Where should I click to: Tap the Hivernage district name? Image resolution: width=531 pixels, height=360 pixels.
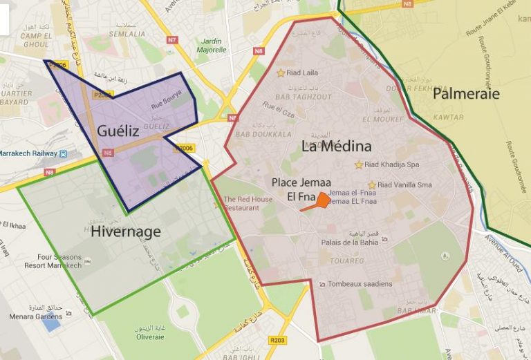125,231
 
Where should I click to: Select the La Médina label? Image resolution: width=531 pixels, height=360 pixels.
336,146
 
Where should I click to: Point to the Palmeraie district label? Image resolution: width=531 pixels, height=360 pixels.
466,93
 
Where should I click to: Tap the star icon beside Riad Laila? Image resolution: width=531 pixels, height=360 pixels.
281,73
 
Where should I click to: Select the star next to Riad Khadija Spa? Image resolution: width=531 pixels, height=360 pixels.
358,164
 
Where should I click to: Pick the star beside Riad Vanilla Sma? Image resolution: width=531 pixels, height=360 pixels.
372,184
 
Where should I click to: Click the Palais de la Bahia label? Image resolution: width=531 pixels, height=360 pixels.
349,242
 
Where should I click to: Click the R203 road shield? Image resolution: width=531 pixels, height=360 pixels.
278,340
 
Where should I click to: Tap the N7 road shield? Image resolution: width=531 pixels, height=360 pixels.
172,39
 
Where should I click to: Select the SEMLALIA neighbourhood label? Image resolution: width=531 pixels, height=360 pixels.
127,33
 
